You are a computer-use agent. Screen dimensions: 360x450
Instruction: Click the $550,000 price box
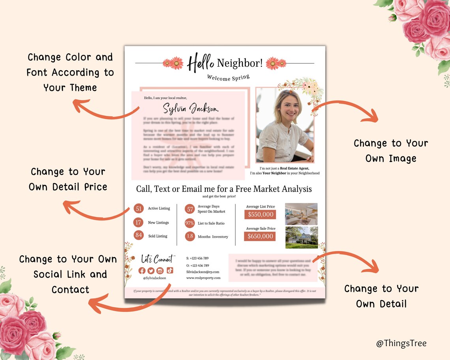point(260,214)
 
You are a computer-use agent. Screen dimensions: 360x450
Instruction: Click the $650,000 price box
point(260,236)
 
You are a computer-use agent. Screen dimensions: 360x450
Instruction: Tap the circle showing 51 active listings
point(139,208)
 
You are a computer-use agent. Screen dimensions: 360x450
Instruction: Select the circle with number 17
point(139,223)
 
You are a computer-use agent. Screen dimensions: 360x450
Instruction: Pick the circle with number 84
point(139,235)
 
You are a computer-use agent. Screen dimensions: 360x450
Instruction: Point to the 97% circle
point(190,223)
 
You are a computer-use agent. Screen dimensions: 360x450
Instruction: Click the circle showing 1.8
point(190,236)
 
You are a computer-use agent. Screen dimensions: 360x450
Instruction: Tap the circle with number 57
point(190,209)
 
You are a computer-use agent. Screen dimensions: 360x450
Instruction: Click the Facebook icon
point(142,270)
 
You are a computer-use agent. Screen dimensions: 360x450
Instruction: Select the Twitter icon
point(151,270)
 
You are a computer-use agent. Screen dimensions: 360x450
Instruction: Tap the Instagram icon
point(160,270)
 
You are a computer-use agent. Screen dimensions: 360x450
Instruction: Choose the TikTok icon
point(169,270)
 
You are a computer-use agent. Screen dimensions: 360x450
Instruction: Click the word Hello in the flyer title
point(201,63)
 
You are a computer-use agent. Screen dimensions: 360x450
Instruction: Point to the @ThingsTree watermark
point(401,343)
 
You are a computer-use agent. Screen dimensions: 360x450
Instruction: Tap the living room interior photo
point(301,214)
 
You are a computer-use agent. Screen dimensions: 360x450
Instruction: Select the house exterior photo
point(301,237)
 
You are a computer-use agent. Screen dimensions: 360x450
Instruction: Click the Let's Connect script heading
point(158,259)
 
